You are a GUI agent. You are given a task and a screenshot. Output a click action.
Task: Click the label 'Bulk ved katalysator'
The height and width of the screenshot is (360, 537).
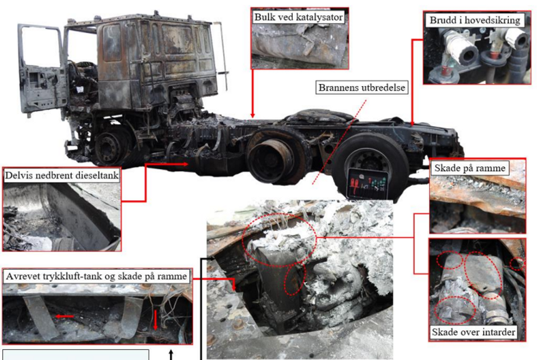[x=298, y=17]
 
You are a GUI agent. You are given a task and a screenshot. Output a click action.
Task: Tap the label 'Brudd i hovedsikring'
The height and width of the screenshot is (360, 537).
[x=475, y=20]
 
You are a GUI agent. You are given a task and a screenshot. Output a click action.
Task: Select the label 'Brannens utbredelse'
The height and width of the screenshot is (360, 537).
[x=362, y=87]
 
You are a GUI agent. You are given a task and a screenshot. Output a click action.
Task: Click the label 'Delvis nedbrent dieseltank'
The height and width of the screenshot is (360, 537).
[x=62, y=175]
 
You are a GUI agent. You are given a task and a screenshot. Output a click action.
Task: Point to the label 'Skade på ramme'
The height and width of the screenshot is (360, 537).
[x=470, y=168]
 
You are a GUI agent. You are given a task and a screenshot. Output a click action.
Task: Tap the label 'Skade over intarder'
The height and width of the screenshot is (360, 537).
[x=473, y=332]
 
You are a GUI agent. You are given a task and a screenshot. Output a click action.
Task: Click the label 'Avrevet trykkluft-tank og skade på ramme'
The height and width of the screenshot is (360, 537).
[x=97, y=276]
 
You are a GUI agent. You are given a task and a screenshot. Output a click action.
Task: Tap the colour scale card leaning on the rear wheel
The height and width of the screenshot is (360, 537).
[x=368, y=184]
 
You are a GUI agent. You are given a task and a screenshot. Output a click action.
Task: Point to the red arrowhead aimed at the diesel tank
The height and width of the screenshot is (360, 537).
[x=184, y=164]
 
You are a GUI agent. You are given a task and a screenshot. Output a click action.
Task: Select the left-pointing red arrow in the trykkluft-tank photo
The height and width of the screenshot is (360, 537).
[x=65, y=316]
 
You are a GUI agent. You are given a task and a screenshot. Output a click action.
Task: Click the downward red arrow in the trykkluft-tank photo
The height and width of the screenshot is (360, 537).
[x=155, y=319]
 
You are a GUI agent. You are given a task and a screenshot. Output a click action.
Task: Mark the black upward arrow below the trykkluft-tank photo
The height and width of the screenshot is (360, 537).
[x=171, y=354]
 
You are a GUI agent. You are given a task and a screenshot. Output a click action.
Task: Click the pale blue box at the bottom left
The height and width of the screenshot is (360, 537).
[x=76, y=354]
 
